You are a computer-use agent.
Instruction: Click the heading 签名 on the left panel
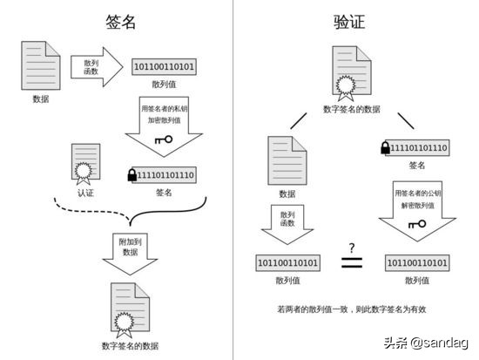[119, 23]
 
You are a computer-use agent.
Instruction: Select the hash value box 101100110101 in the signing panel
[164, 67]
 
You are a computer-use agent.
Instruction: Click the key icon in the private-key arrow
[163, 139]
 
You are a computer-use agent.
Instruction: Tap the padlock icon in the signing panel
[132, 175]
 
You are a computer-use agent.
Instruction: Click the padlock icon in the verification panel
[385, 148]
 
